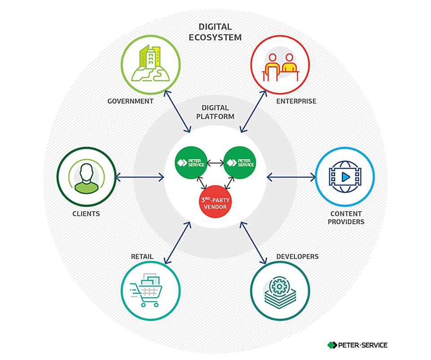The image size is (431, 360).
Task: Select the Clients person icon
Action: pyautogui.click(x=86, y=177)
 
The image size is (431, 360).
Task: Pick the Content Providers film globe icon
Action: pyautogui.click(x=345, y=177)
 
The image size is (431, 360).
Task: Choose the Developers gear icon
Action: pyautogui.click(x=280, y=289)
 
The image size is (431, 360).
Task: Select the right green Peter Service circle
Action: pyautogui.click(x=240, y=163)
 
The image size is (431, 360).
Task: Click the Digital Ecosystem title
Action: pyautogui.click(x=215, y=32)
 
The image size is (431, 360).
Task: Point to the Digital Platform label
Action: pyautogui.click(x=215, y=112)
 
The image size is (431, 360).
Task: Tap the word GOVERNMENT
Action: pyautogui.click(x=130, y=102)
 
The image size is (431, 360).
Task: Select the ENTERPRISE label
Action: pyautogui.click(x=296, y=102)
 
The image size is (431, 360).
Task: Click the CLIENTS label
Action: pyautogui.click(x=86, y=214)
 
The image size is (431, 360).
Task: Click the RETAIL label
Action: pyautogui.click(x=142, y=257)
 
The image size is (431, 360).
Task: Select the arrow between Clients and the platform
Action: pyautogui.click(x=140, y=178)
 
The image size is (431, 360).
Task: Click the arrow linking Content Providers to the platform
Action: pyautogui.click(x=291, y=178)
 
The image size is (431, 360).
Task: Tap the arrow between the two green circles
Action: pyautogui.click(x=216, y=163)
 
